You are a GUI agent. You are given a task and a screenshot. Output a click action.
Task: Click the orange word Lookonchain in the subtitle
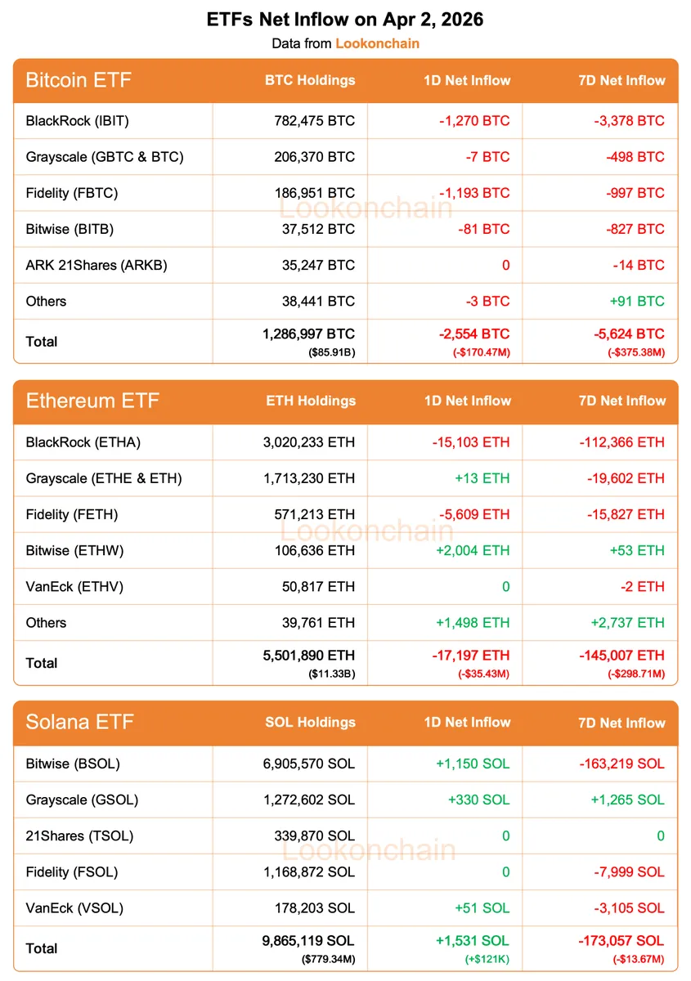point(377,43)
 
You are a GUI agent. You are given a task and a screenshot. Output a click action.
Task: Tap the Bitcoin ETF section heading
point(79,80)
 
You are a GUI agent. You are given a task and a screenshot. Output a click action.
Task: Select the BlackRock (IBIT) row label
point(78,121)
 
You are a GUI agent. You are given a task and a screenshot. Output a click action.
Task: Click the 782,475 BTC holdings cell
point(315,121)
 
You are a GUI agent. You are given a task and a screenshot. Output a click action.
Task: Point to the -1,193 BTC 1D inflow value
point(473,193)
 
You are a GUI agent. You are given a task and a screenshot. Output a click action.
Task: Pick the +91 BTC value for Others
point(637,301)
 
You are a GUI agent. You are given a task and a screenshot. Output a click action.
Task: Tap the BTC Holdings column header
point(310,80)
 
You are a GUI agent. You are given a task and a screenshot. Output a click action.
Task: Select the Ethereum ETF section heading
point(92,401)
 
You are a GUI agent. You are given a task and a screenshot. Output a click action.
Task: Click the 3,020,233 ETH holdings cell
point(304,442)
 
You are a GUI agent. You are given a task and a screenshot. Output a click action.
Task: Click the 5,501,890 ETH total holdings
point(304,655)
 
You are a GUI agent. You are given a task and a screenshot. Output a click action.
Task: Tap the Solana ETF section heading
point(79,723)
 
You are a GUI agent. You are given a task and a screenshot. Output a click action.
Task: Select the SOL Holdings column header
point(310,723)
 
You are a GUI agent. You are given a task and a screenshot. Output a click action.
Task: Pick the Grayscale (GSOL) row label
point(82,800)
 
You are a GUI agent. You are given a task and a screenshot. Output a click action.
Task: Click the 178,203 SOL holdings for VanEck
point(315,907)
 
